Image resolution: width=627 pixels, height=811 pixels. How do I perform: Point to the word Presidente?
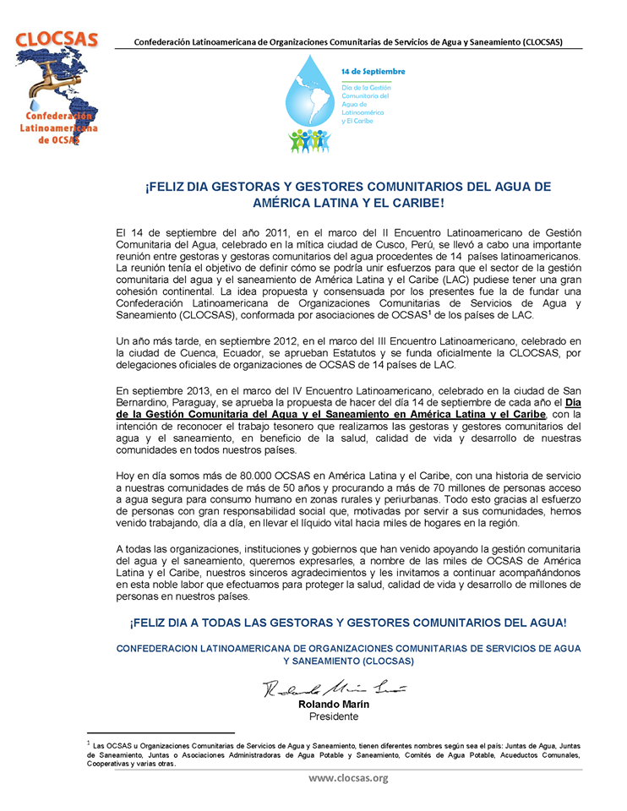(x=334, y=716)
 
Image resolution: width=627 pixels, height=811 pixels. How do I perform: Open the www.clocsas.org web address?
(x=347, y=778)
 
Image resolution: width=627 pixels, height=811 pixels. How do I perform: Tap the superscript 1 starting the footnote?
(x=88, y=743)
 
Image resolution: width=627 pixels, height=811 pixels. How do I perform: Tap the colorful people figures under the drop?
(x=309, y=140)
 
